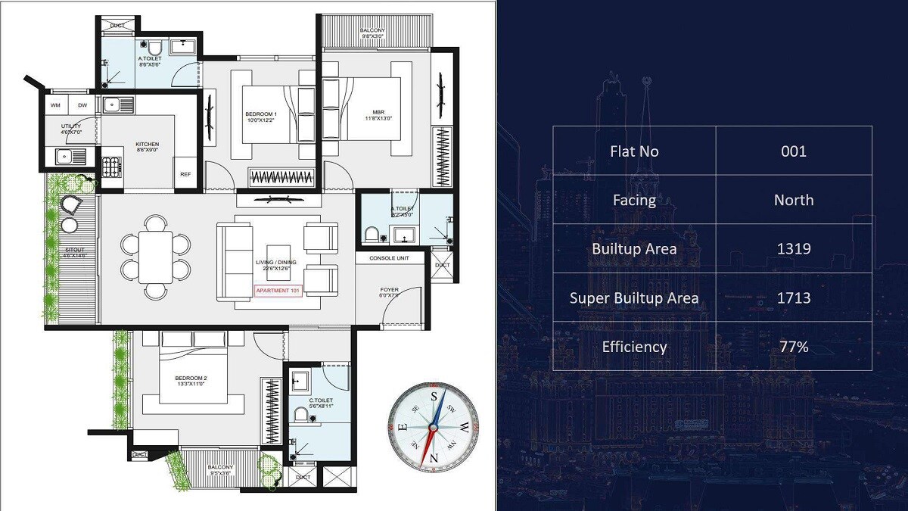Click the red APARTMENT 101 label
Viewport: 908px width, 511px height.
coord(278,291)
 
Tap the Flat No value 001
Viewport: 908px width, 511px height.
coord(794,151)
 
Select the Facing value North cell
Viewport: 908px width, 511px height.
coord(794,200)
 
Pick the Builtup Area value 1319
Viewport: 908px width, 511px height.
coord(794,248)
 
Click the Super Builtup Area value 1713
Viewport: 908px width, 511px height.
coord(794,298)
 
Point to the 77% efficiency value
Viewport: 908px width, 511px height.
coord(794,347)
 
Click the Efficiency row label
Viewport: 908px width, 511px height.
coord(634,347)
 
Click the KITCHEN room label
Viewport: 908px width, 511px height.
coord(147,144)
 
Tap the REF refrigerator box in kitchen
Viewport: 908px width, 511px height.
coord(185,174)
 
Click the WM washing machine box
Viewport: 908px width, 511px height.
coord(55,104)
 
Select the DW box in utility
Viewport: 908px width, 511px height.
coord(82,104)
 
